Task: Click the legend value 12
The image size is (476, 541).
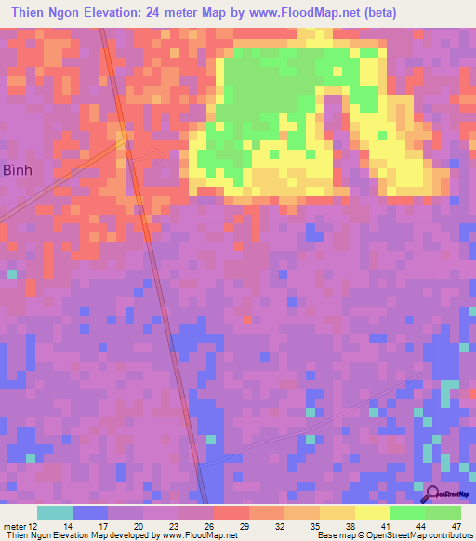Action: pos(34,526)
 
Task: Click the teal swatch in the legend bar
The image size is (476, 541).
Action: pos(54,512)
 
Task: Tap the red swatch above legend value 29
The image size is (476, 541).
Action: pos(231,512)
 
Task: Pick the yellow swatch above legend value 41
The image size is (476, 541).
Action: pos(372,512)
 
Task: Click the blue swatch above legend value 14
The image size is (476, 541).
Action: pos(89,512)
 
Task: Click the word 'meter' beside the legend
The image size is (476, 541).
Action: pos(14,526)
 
